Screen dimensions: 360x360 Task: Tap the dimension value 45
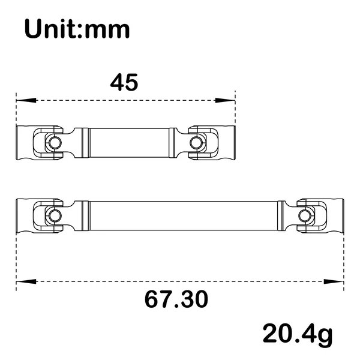(124, 82)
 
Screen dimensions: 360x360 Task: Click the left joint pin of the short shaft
(53, 142)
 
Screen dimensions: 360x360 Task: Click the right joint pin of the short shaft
(196, 142)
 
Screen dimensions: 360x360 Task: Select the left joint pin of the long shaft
(54, 214)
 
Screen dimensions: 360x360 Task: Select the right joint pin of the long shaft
(305, 214)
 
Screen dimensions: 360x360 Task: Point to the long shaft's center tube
(183, 214)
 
